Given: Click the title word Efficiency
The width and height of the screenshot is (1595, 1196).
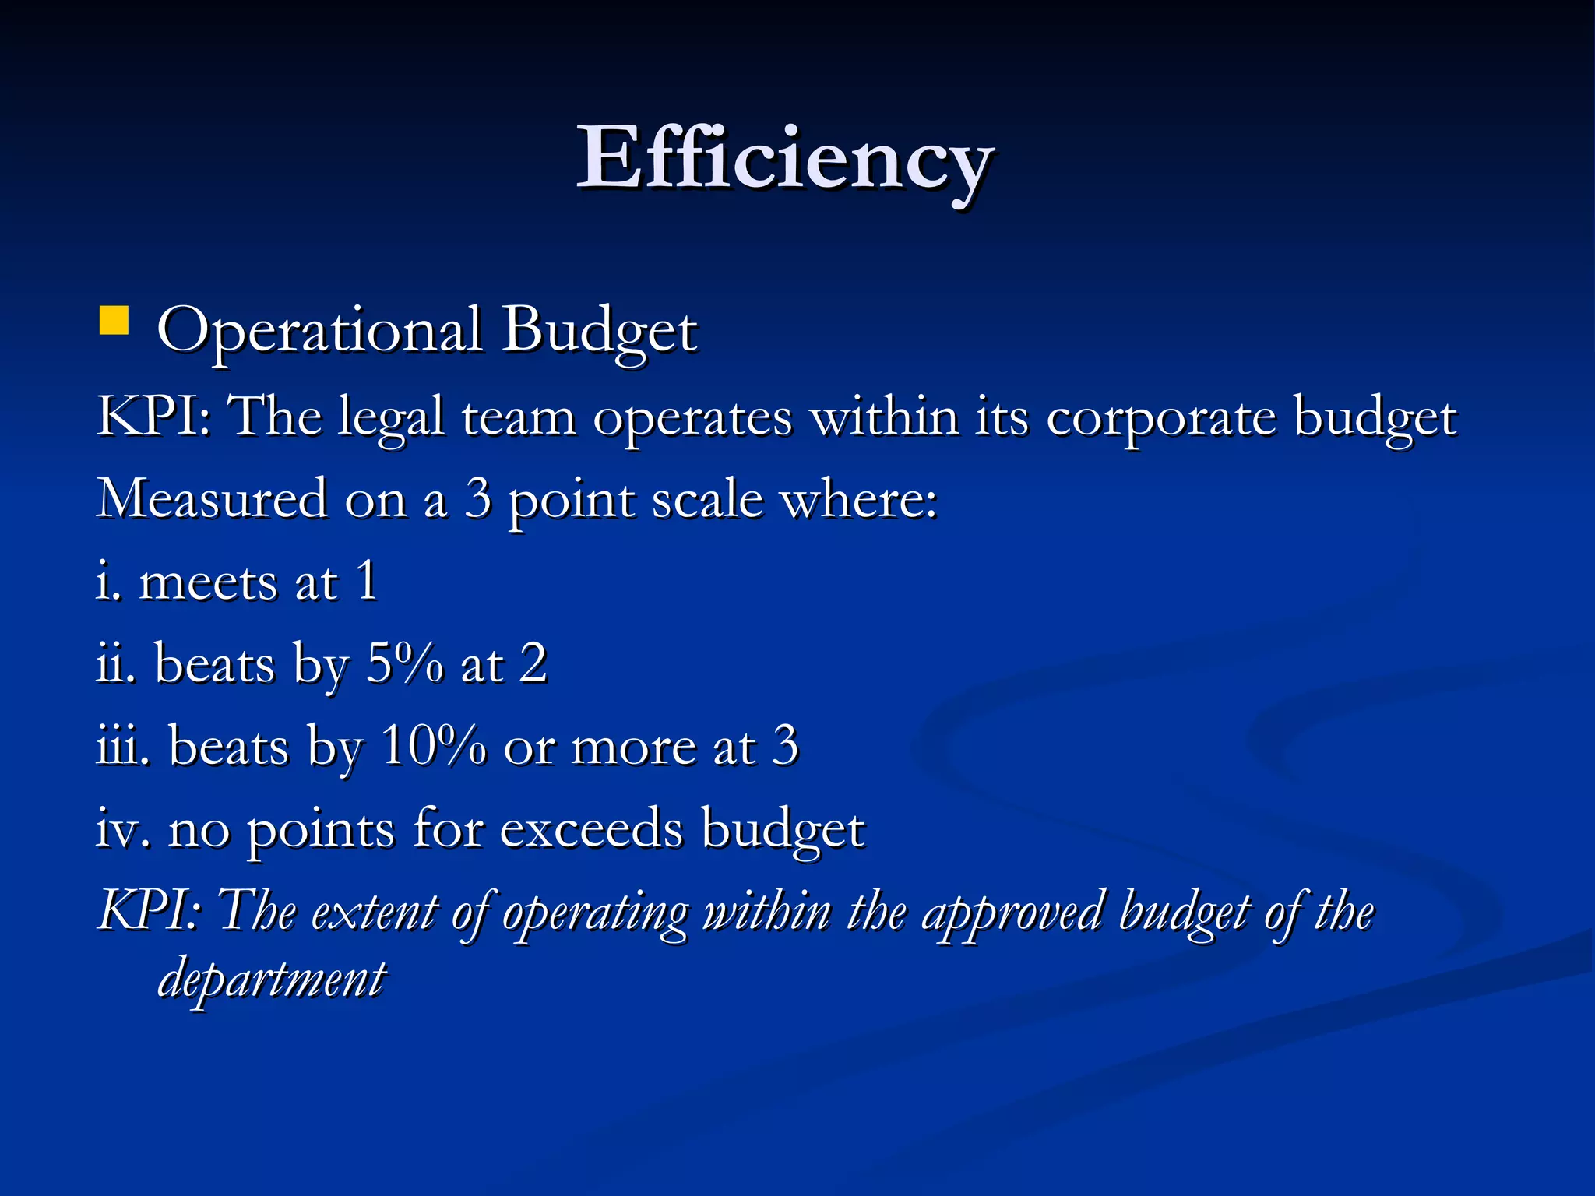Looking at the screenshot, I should click(x=784, y=160).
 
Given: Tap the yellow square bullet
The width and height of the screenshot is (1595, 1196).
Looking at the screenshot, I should click(x=114, y=321).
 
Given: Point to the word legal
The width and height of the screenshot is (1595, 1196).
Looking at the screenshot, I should click(x=391, y=419).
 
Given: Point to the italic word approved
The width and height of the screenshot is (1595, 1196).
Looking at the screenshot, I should click(x=1012, y=913).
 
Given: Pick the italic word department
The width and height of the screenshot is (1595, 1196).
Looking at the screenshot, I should click(x=272, y=980).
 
